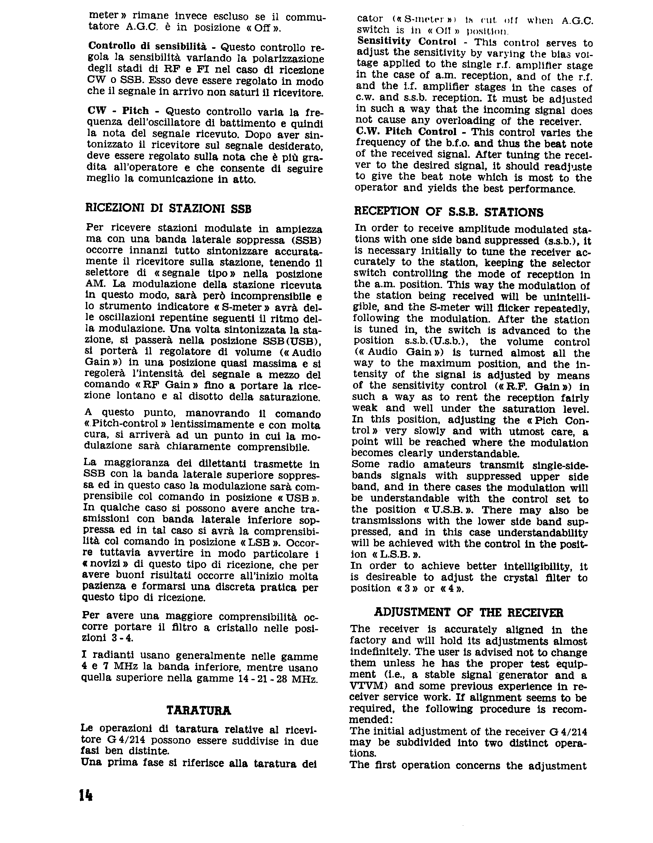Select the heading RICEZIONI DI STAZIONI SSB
click(x=168, y=209)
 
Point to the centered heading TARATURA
click(x=199, y=711)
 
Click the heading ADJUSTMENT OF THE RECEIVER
click(x=469, y=613)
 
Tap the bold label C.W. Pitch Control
click(x=406, y=131)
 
